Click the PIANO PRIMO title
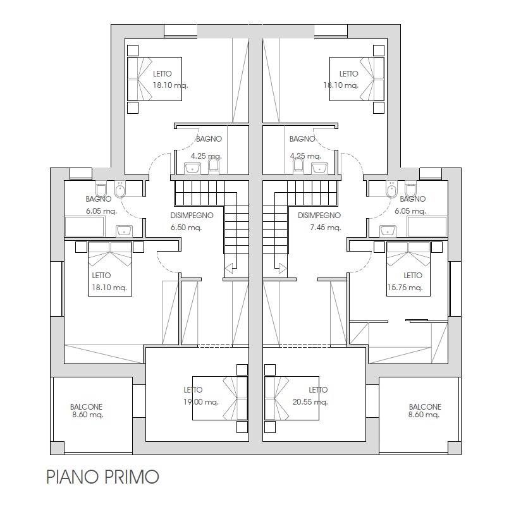[x=102, y=477]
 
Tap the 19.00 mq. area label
[x=201, y=402]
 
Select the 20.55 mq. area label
[x=310, y=402]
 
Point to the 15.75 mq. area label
[x=405, y=288]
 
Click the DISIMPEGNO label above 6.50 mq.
[x=192, y=215]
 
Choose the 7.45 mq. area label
[x=325, y=228]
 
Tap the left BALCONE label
[x=87, y=406]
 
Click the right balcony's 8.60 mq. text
[x=424, y=415]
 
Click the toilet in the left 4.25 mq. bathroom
[x=213, y=165]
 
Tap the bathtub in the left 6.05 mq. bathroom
[x=84, y=226]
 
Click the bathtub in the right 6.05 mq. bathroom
[x=427, y=226]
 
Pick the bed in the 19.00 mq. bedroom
[x=220, y=398]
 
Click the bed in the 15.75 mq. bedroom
[x=408, y=269]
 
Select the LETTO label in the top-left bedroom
[x=163, y=74]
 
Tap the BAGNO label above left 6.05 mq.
[x=99, y=199]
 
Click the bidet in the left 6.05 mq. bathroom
[x=120, y=190]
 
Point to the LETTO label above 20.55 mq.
[x=318, y=389]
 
